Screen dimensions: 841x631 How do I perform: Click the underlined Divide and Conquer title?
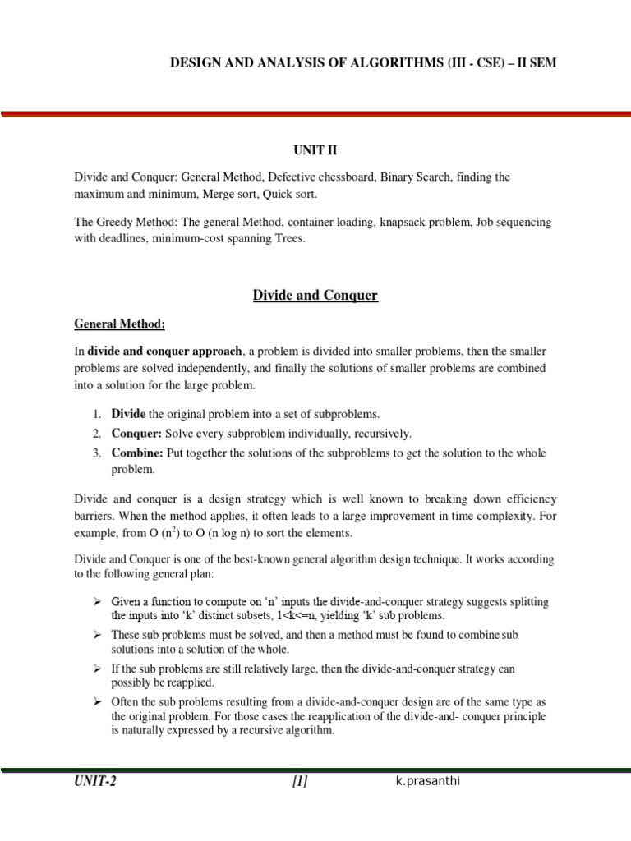click(x=315, y=296)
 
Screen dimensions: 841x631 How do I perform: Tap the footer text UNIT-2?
click(x=94, y=782)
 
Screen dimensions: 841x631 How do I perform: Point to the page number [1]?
click(x=299, y=782)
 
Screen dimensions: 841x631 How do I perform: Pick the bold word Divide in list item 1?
click(x=128, y=414)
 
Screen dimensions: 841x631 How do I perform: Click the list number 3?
click(x=95, y=453)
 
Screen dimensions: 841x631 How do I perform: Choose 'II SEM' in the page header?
click(x=537, y=62)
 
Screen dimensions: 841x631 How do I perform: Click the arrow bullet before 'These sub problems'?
click(x=97, y=636)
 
